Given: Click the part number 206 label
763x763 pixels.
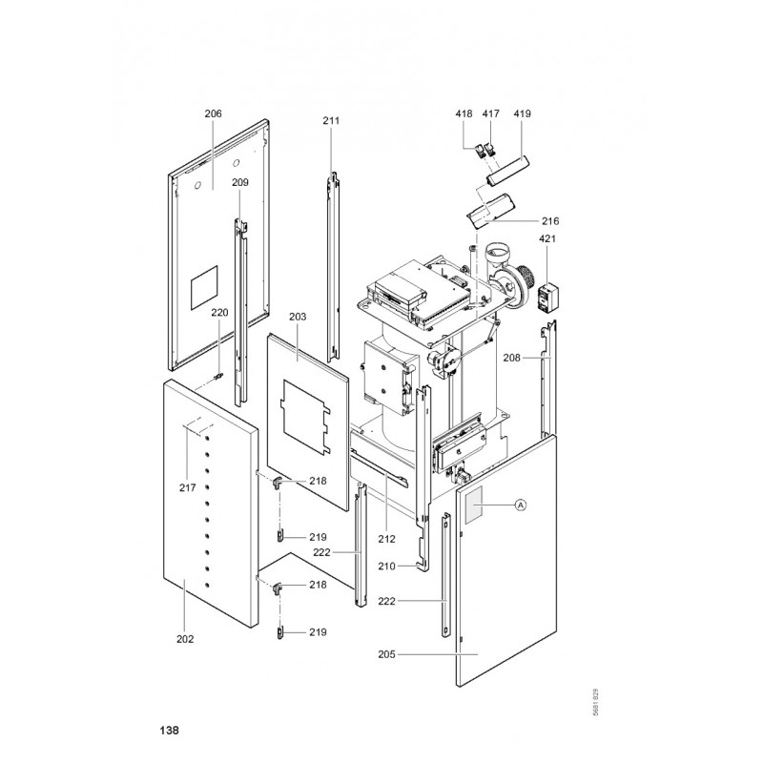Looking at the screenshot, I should [213, 113].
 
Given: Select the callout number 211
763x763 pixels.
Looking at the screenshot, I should [331, 120].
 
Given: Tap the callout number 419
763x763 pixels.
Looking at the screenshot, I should [523, 113].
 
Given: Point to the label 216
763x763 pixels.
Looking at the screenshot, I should [549, 221].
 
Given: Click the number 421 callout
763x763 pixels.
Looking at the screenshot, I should [547, 238].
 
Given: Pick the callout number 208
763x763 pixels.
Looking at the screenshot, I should [511, 359].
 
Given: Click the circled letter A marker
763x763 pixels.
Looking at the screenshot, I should [521, 505].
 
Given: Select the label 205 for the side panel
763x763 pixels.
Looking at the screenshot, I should [386, 654].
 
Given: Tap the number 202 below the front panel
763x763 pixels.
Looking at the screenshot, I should [185, 638].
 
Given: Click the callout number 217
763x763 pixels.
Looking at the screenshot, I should [187, 487].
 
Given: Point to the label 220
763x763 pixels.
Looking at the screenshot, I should [219, 312].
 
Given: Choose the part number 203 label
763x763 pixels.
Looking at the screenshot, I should [298, 315].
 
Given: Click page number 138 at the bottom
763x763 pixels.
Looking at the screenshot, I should [168, 731].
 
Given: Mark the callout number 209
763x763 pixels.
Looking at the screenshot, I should [240, 182].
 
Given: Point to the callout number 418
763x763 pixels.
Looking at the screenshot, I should [464, 113].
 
